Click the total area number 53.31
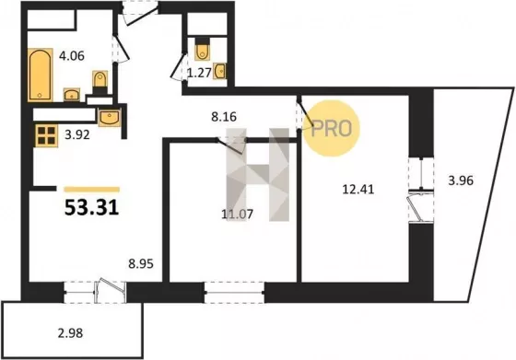coord(91,207)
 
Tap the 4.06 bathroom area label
coord(72,55)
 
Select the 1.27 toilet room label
coord(199,73)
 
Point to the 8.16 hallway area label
coord(224,116)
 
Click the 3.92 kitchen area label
coord(77,134)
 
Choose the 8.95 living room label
coord(141,263)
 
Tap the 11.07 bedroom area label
coord(238,215)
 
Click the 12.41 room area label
coord(358,190)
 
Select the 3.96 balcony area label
coord(461,180)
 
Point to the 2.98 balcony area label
coord(70,333)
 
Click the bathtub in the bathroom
coord(41,75)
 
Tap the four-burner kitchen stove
coord(46,135)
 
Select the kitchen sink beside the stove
coord(110,117)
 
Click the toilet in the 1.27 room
coord(202,50)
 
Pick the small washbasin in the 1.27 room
coord(219,71)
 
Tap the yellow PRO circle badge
coord(332,128)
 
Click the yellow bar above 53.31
coord(92,189)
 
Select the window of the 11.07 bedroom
coord(234,292)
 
